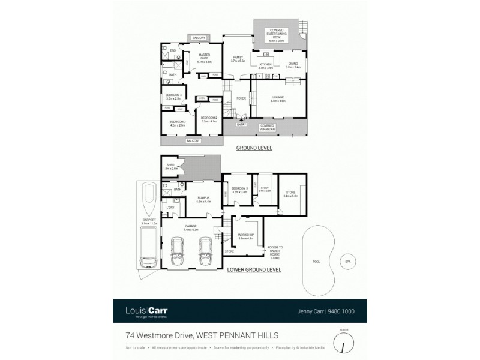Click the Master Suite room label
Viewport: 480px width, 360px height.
tap(205, 57)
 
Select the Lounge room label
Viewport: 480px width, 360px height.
tap(277, 98)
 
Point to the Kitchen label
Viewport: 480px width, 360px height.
tap(265, 66)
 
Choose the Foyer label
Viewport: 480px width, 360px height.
tap(242, 98)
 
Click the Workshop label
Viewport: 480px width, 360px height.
tap(247, 236)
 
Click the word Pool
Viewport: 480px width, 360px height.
tap(316, 262)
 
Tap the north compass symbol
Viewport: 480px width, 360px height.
tap(343, 343)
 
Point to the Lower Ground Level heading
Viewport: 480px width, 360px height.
tap(254, 270)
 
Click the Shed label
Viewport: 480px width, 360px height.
tap(170, 167)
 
